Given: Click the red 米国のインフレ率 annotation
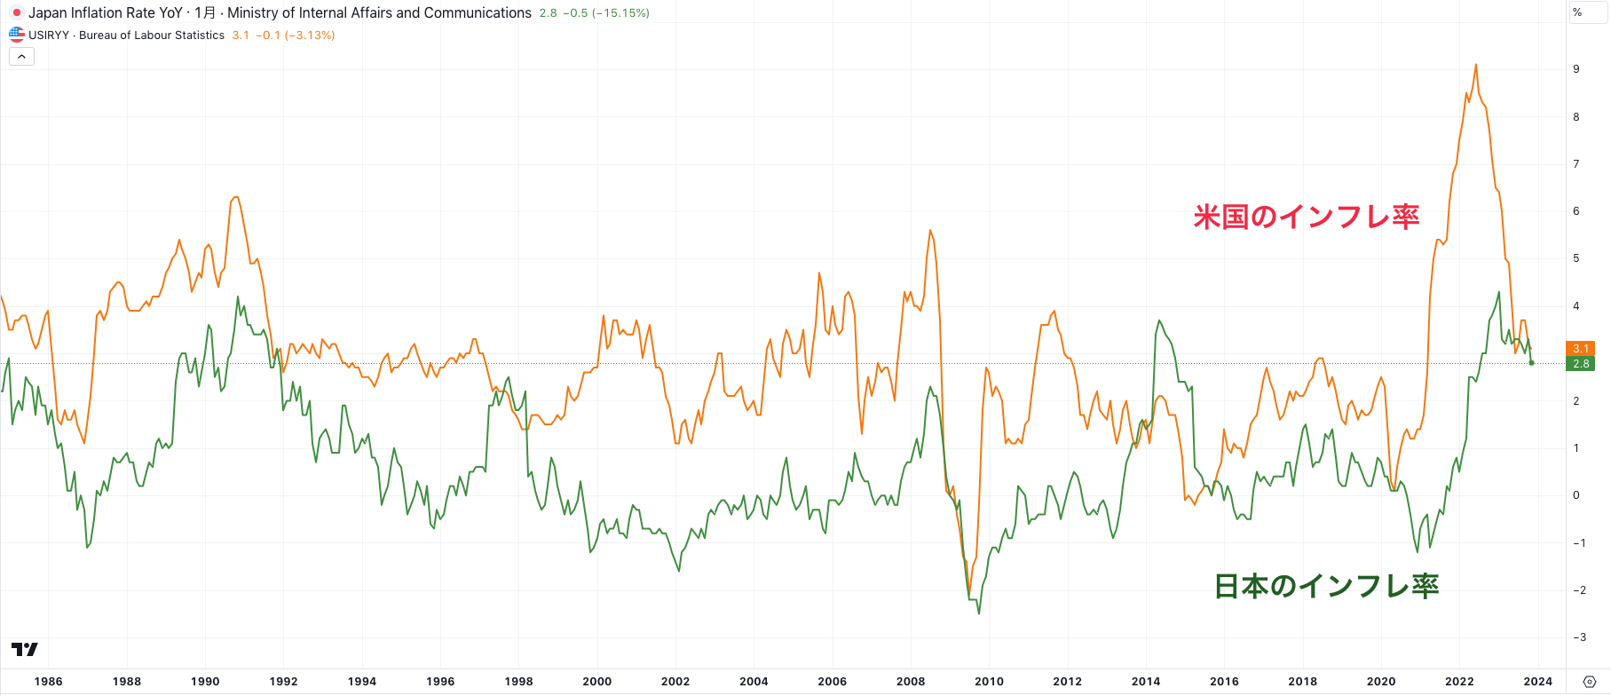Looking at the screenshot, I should pos(1306,217).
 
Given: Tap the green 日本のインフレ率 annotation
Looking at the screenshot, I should pos(1326,586).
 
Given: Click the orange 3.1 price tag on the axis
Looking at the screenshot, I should pos(1581,349).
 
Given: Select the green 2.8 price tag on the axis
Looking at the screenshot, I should pos(1581,364).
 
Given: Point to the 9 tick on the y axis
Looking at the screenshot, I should pos(1576,69).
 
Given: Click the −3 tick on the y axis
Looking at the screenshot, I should pos(1579,637).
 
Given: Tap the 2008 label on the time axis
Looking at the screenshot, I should pos(911,682).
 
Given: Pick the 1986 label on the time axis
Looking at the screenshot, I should pos(48,682).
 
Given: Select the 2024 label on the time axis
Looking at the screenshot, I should pos(1538,682).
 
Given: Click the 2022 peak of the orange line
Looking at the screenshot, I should pos(1476,65).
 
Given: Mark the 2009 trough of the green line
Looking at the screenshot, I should pos(979,613).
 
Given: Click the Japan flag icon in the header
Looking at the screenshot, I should pos(16,13).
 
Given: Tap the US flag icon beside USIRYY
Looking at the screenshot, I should pos(16,36).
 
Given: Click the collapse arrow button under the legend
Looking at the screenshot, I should pos(21,57).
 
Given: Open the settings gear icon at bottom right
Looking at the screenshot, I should pos(1590,682).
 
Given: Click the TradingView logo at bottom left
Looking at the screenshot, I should pos(25,650).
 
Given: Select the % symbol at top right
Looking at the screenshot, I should pos(1577,12).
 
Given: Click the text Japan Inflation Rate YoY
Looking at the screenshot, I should pos(105,13).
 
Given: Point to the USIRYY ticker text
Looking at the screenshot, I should pos(49,36).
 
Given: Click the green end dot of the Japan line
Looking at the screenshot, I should pos(1531,362).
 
